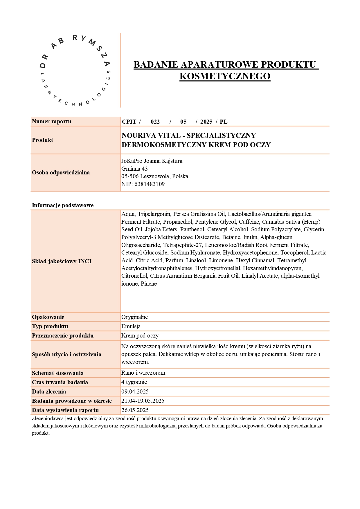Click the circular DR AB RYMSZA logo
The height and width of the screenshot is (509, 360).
click(x=75, y=71)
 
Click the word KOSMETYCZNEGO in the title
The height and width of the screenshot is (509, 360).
click(x=225, y=76)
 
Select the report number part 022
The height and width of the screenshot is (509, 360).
click(x=155, y=122)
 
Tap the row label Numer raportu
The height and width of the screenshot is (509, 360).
click(x=51, y=121)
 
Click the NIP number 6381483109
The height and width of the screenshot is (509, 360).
click(x=149, y=184)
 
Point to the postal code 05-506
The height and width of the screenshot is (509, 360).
click(x=130, y=176)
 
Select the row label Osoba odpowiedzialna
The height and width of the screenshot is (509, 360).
click(x=61, y=172)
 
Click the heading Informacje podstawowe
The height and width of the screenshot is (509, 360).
click(x=62, y=205)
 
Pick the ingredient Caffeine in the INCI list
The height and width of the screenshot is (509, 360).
click(x=249, y=222)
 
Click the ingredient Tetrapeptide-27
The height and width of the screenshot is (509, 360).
click(x=182, y=245)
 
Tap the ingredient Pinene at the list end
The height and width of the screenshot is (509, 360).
click(x=149, y=284)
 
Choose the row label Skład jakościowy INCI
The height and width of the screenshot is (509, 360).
click(x=62, y=261)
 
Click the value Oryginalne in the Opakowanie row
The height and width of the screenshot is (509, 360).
click(x=134, y=317)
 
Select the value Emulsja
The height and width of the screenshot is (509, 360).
click(x=131, y=326)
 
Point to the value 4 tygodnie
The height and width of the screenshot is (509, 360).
click(x=134, y=382)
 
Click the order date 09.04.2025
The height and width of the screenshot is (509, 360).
click(x=135, y=391)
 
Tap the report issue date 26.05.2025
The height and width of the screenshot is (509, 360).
click(x=135, y=410)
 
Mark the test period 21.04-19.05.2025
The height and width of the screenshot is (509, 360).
click(x=143, y=401)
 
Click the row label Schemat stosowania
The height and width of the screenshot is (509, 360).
click(x=57, y=373)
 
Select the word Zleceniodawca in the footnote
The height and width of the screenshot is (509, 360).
click(x=48, y=418)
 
